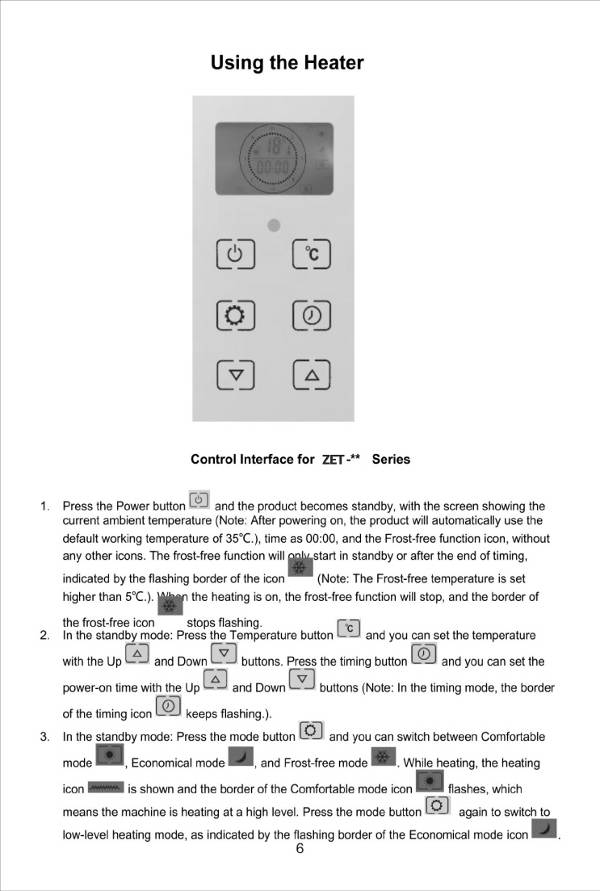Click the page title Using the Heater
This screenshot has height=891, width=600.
(287, 63)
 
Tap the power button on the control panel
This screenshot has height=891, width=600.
(234, 256)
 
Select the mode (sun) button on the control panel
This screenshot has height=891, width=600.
(234, 315)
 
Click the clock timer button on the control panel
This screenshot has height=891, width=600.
(311, 315)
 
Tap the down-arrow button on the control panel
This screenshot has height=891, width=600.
(234, 375)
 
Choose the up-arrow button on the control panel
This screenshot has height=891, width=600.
(311, 375)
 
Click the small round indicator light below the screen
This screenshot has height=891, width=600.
(274, 225)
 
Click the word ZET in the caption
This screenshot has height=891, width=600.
(333, 460)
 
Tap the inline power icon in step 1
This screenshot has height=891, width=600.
(199, 499)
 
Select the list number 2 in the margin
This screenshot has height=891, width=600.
(45, 636)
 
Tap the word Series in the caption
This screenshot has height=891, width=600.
(391, 460)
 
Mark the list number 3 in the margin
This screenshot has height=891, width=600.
(45, 737)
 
